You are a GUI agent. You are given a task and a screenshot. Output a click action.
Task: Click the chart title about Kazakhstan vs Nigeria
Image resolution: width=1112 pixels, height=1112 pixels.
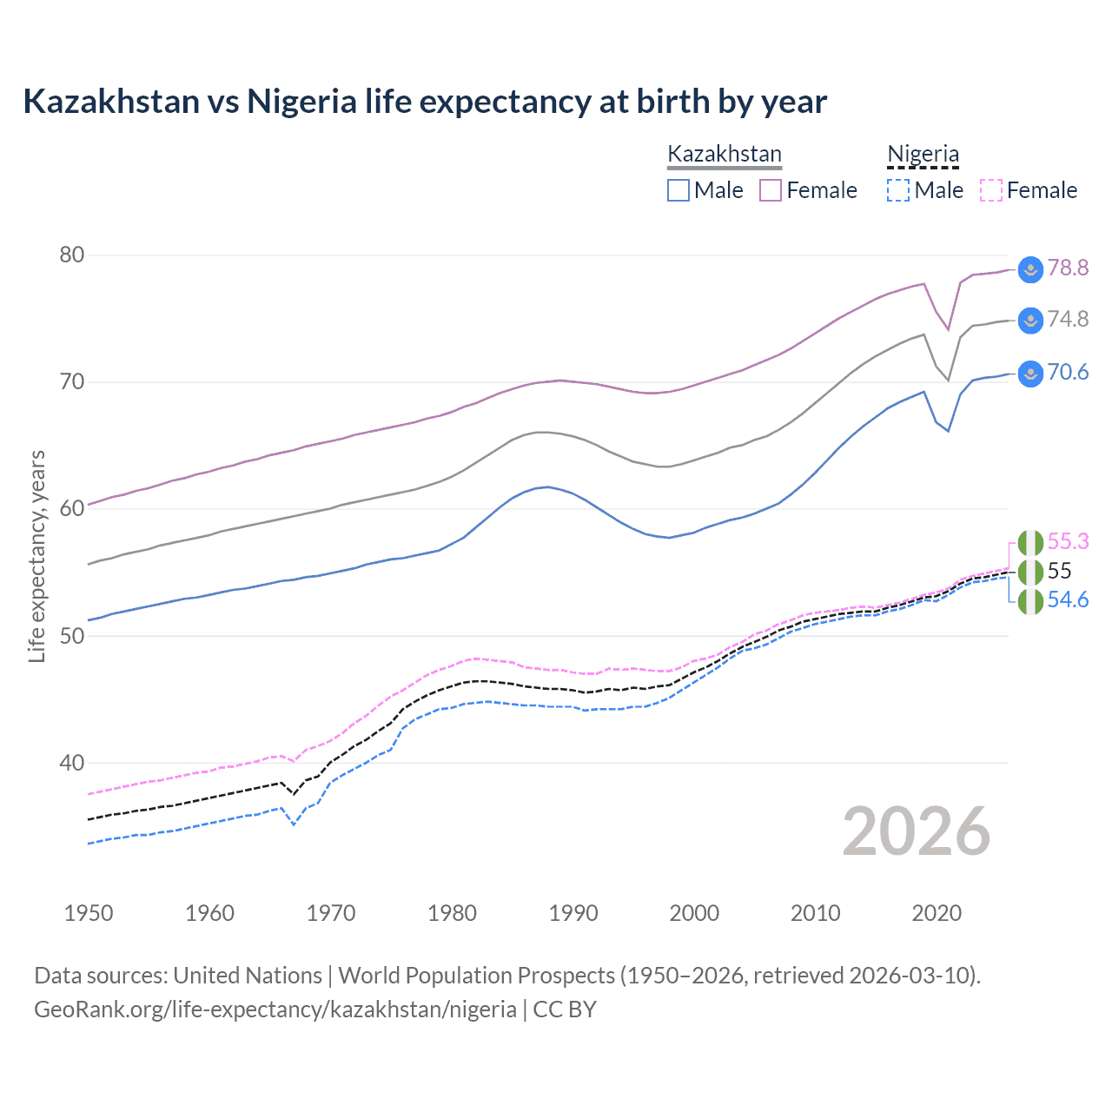[425, 102]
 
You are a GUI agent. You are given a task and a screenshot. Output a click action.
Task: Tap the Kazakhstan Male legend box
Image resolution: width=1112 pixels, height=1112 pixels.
[678, 190]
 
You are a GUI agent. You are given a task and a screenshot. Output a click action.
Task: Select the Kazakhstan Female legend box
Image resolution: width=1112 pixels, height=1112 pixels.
[771, 190]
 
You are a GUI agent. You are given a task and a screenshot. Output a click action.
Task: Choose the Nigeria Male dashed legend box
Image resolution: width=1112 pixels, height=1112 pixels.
[898, 190]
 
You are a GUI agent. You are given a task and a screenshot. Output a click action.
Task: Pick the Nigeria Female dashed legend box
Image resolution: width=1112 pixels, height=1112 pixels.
[990, 190]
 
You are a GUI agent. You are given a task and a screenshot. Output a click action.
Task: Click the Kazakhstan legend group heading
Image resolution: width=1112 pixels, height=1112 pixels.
[725, 154]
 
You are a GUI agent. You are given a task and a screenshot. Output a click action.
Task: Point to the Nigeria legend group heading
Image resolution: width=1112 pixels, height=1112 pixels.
[923, 154]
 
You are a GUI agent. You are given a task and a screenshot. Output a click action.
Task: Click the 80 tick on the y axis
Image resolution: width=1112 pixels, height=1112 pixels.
[72, 255]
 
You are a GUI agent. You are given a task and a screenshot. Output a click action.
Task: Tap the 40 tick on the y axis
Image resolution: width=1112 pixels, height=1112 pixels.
[72, 763]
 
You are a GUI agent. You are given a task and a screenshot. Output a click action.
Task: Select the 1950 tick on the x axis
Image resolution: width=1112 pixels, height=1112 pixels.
[89, 913]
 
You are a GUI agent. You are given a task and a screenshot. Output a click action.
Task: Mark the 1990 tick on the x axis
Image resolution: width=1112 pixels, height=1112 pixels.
[573, 913]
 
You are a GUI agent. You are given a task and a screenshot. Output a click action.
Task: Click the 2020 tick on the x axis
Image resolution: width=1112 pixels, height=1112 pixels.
[937, 913]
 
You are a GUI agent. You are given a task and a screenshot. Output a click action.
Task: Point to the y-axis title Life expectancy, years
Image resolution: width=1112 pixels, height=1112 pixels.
[37, 556]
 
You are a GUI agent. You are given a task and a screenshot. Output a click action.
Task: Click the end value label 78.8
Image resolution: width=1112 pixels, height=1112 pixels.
[1068, 268]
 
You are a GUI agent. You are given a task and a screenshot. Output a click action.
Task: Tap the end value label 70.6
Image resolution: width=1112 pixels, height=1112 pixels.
[1068, 373]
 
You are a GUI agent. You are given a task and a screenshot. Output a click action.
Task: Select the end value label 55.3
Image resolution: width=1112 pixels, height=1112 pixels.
[1068, 541]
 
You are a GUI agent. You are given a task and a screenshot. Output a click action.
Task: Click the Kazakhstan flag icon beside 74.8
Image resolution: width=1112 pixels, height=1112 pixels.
[1030, 321]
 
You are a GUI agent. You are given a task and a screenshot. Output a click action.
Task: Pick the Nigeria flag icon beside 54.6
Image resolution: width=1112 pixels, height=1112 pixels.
[1030, 601]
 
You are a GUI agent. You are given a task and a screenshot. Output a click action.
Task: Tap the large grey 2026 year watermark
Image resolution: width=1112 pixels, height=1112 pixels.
[917, 831]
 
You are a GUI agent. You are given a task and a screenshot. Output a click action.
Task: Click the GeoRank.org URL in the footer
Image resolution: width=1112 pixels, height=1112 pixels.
[275, 1009]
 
